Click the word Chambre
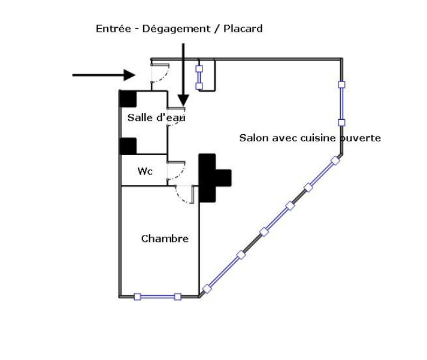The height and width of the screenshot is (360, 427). (165, 238)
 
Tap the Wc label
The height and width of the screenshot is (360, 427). (145, 171)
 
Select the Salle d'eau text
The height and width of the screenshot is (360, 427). (156, 117)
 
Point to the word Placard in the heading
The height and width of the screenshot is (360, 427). (243, 29)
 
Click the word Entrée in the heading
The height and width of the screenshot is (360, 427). (113, 29)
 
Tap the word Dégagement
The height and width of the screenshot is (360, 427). (176, 29)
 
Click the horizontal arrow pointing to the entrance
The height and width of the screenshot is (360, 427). (104, 75)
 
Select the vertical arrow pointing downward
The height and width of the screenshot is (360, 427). (183, 75)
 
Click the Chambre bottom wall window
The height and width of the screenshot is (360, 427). (158, 297)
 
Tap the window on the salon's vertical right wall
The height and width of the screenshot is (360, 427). (341, 104)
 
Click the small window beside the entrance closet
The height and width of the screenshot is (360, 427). (199, 77)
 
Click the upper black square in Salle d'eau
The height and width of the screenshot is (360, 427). (128, 99)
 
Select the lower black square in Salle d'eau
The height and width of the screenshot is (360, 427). (128, 146)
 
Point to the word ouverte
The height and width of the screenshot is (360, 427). (360, 138)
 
